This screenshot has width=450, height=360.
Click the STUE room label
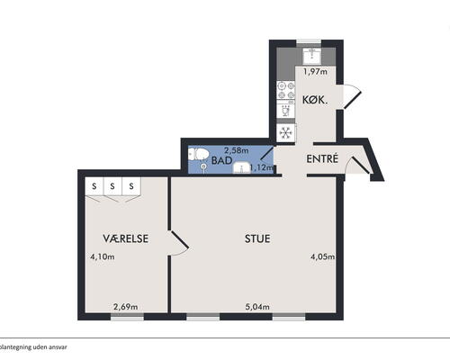coord(257,238)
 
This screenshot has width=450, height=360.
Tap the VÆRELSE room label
coord(126,238)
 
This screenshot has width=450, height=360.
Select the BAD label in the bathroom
coord(222,160)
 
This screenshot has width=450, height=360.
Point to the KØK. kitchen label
coord(315,100)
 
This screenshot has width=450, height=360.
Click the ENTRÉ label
coord(322,158)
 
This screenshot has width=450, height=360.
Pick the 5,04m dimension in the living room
coord(257,307)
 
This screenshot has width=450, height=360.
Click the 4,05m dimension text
coord(323,256)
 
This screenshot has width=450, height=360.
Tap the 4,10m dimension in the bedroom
coord(103,256)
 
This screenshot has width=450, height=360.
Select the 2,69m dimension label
coord(126,307)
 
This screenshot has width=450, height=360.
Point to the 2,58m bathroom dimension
coord(237,150)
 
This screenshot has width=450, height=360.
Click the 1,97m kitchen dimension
coord(315,72)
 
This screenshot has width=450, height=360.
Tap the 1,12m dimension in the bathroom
coord(261,167)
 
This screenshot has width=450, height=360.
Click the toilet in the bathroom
coord(198,154)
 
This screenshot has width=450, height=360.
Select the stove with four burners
coord(286,91)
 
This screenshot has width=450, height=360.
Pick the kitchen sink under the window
coord(312,56)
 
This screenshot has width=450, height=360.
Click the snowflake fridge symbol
coord(286,132)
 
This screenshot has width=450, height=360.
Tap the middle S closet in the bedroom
coord(112,186)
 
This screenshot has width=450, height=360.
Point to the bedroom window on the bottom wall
coord(127,317)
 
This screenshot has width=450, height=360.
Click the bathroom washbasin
coord(242,168)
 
